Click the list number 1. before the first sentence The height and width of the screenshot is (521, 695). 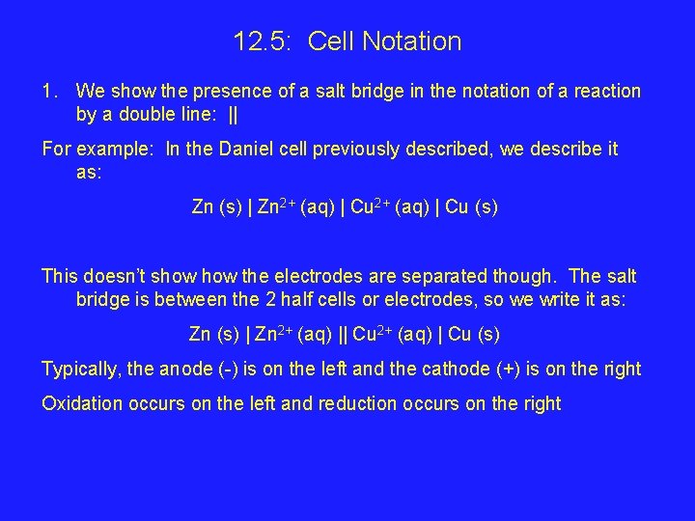pos(50,92)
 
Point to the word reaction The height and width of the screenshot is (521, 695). pos(606,92)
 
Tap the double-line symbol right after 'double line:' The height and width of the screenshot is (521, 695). pos(234,116)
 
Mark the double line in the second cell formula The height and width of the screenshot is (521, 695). pos(344,335)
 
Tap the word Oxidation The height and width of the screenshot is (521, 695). pos(83,403)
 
